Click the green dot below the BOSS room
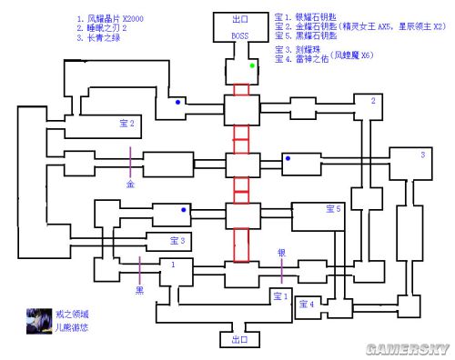pyautogui.click(x=253, y=65)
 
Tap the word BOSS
pyautogui.click(x=240, y=35)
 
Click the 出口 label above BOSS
pyautogui.click(x=240, y=18)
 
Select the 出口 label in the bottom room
pyautogui.click(x=240, y=340)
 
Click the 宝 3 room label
pyautogui.click(x=177, y=241)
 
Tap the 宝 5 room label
pyautogui.click(x=333, y=209)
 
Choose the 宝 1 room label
pyautogui.click(x=280, y=295)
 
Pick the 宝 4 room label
pyautogui.click(x=306, y=304)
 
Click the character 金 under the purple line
pyautogui.click(x=129, y=183)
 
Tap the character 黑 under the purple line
pyautogui.click(x=139, y=291)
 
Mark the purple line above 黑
pyautogui.click(x=139, y=269)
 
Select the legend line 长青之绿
pyautogui.click(x=106, y=39)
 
